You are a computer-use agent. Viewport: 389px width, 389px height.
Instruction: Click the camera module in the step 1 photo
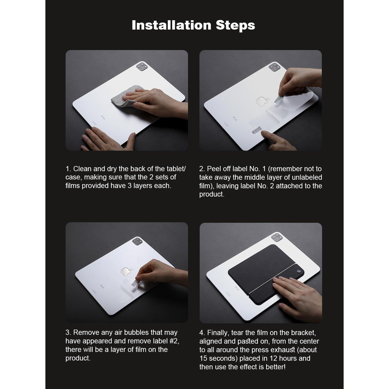pyautogui.click(x=142, y=66)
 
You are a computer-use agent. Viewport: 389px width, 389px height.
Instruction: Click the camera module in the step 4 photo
pyautogui.click(x=276, y=237)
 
